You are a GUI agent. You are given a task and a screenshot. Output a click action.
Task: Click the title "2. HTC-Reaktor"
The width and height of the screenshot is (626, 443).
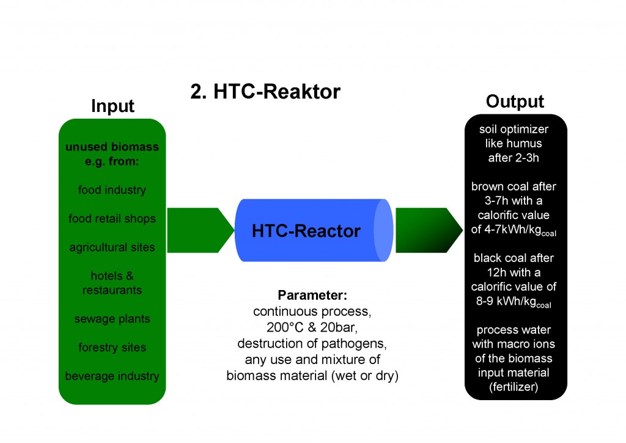tap(265, 91)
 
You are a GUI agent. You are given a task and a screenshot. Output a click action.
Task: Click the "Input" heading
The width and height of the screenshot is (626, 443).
tap(112, 105)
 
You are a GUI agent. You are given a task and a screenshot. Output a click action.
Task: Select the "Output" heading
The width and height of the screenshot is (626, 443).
tap(515, 101)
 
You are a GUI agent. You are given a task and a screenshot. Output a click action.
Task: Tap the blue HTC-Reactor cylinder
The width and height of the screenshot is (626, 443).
tap(306, 231)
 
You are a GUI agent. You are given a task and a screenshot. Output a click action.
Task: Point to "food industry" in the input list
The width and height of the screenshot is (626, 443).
tap(112, 190)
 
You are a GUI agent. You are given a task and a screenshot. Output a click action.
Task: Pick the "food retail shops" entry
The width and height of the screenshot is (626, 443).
tap(112, 218)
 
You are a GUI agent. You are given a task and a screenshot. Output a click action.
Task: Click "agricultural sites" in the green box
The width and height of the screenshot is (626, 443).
tap(112, 247)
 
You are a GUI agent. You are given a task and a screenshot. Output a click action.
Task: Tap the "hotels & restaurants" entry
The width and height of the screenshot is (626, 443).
tap(112, 283)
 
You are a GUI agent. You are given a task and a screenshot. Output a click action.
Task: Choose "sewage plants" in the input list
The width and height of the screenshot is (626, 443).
tap(112, 319)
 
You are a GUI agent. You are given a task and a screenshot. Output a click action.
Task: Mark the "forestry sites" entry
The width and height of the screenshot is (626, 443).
tap(112, 348)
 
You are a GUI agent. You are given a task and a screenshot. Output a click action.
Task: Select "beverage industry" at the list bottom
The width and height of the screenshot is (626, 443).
tap(112, 376)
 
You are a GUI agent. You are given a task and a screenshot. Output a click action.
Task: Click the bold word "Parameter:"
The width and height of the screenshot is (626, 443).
tap(312, 295)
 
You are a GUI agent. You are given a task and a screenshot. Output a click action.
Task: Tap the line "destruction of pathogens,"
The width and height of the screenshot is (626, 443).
tap(312, 343)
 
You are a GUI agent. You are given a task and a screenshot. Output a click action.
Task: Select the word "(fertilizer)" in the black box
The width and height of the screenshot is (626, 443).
tap(515, 387)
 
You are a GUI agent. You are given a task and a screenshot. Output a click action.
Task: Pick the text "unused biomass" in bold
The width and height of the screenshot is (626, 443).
tap(112, 147)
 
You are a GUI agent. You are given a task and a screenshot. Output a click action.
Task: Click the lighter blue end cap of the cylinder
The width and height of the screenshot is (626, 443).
tap(382, 231)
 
